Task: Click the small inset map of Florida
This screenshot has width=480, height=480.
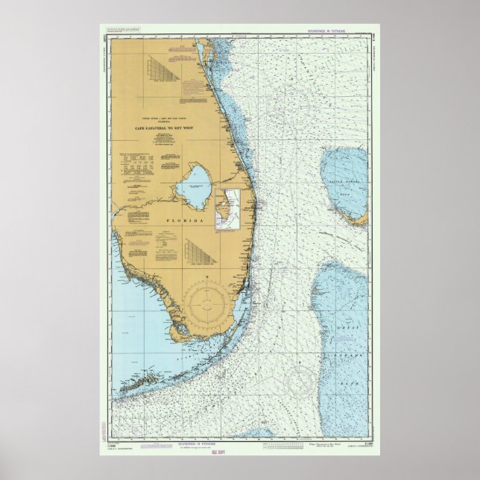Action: pos(228,208)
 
